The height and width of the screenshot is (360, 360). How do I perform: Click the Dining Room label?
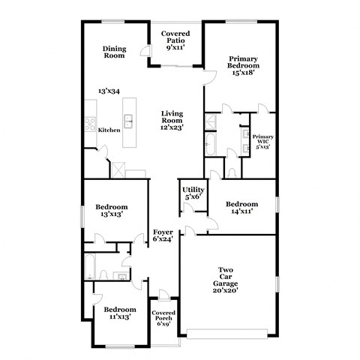(114, 52)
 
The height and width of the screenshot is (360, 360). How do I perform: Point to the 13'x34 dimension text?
(109, 91)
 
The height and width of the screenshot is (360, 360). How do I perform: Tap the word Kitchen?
(109, 130)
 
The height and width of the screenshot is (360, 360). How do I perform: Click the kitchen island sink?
(128, 119)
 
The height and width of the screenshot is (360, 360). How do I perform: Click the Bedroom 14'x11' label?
(242, 208)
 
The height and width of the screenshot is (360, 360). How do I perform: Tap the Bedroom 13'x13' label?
(111, 210)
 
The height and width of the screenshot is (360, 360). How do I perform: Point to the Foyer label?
(163, 235)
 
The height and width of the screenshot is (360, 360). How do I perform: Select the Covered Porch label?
(163, 318)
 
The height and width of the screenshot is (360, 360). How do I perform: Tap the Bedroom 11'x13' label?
(119, 313)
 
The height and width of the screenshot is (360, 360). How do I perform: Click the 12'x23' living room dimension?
(172, 127)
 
